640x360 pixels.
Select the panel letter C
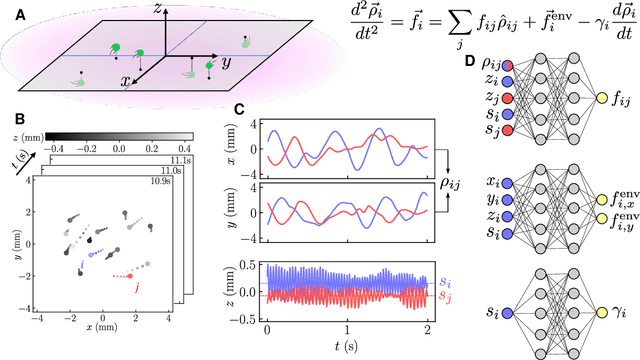(x=227, y=112)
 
